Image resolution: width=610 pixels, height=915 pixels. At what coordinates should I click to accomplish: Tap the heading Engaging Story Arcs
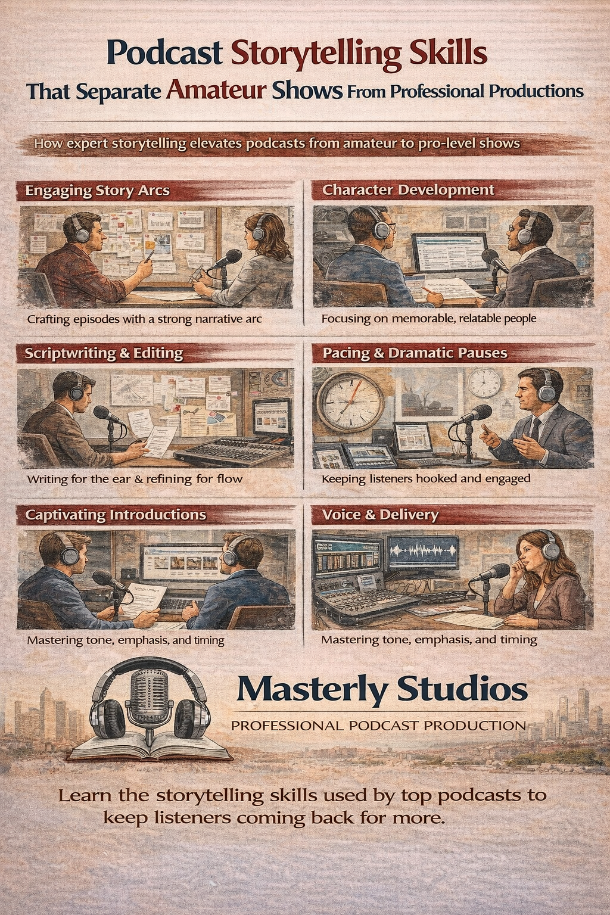[97, 191]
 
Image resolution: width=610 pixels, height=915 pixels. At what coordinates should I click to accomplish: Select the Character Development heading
[408, 190]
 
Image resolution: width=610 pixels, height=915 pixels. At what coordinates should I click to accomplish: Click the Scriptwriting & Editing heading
[104, 353]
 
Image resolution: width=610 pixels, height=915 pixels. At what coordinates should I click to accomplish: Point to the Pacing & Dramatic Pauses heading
[415, 353]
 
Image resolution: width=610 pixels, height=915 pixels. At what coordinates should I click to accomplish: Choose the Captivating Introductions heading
[116, 514]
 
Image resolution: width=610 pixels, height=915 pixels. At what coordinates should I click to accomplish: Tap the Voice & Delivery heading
[381, 515]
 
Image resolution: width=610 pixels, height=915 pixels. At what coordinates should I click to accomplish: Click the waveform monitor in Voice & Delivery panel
[422, 552]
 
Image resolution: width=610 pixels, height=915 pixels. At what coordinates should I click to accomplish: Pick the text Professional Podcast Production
[378, 726]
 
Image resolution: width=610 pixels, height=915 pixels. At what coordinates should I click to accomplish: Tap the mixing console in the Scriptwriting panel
[232, 452]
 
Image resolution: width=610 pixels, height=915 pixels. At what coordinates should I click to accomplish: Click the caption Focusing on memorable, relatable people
[428, 318]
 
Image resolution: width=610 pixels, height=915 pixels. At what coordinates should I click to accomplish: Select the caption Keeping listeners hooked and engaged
[426, 479]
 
